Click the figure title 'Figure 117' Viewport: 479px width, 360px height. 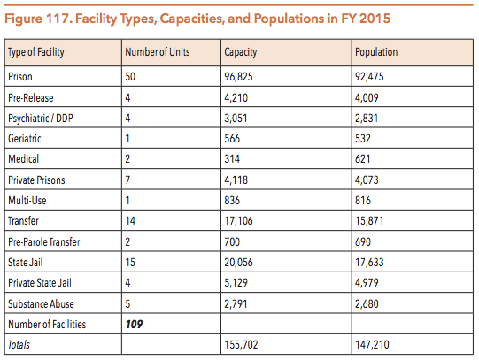38,19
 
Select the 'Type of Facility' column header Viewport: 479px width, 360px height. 36,52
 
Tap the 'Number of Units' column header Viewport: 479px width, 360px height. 158,52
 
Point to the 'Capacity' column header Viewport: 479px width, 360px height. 241,52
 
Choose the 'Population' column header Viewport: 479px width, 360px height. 376,52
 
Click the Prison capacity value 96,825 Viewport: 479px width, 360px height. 238,77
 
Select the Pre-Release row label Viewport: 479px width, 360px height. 31,97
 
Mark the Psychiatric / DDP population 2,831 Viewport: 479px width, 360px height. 367,118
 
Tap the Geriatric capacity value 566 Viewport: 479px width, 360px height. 232,139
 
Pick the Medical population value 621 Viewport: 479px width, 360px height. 363,159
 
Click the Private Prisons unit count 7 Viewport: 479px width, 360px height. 127,180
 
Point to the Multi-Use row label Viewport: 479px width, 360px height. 27,201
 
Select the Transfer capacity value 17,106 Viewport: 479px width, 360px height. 238,221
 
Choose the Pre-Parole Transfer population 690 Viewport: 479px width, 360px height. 363,242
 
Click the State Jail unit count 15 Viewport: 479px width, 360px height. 130,263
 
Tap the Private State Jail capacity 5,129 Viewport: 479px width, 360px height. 236,282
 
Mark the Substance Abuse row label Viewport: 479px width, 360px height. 41,304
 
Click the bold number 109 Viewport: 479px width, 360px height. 134,324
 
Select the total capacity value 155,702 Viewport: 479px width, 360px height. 241,345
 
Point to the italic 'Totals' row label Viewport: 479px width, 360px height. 19,345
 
